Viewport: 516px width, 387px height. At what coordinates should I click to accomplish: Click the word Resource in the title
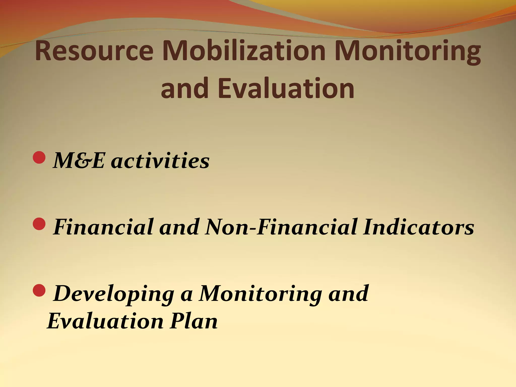tap(94, 51)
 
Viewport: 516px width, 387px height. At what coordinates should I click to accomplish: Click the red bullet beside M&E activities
tap(39, 158)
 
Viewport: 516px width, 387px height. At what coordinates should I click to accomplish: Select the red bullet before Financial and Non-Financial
tap(39, 224)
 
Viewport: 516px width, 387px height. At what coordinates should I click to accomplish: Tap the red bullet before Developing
tap(39, 290)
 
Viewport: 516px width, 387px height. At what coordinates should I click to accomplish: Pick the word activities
tap(160, 161)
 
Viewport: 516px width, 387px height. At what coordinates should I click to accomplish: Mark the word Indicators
tap(418, 227)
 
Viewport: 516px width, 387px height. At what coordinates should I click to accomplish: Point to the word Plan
tap(193, 321)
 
